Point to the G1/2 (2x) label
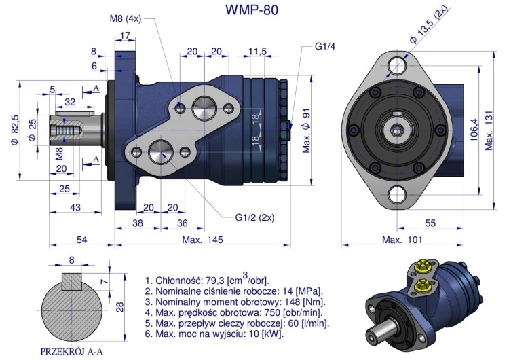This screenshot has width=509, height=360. (254, 217)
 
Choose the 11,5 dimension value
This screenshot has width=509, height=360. (257, 52)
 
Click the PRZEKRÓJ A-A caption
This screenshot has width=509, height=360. (71, 351)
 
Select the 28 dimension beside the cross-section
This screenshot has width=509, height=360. (119, 308)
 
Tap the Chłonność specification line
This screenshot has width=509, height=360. (207, 280)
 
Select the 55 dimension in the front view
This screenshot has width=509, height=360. (430, 223)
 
